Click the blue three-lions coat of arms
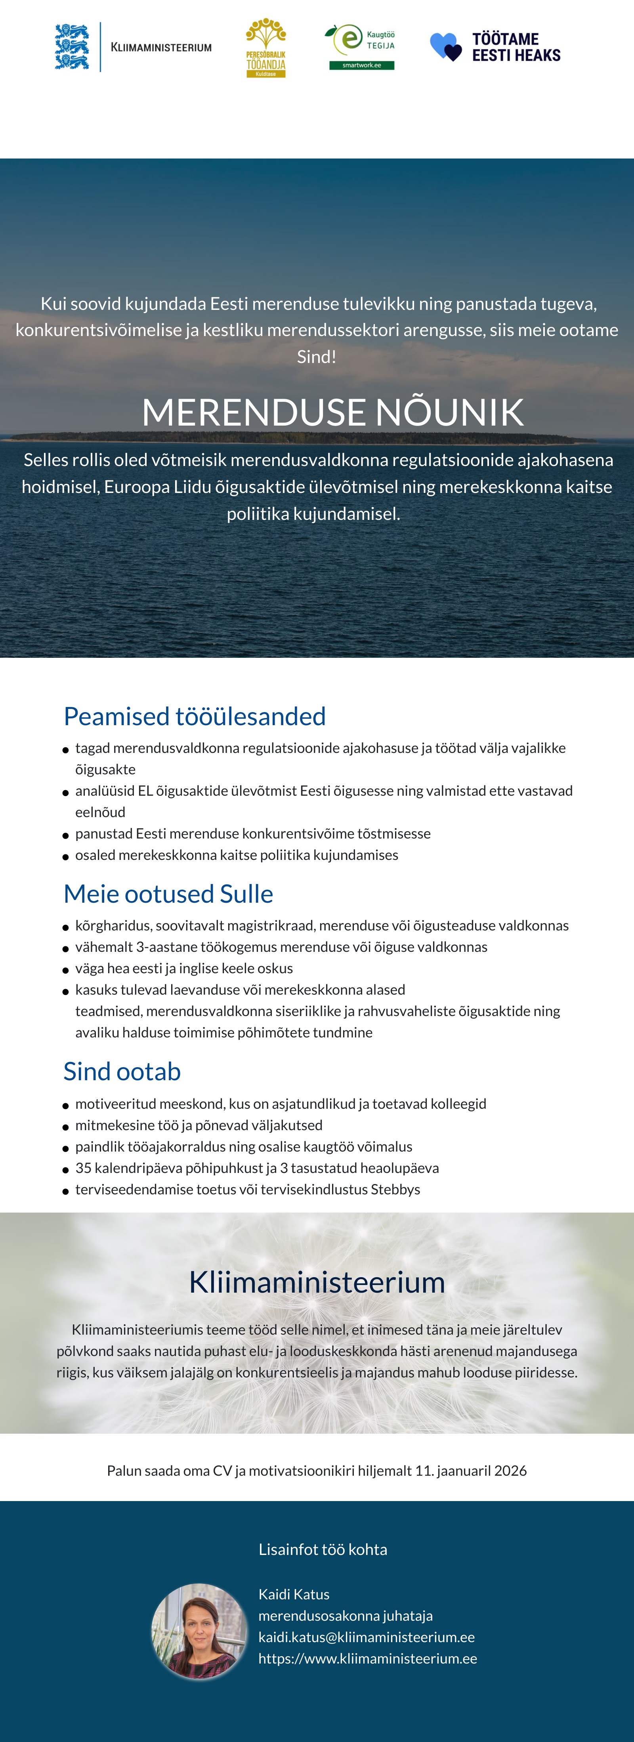(x=72, y=47)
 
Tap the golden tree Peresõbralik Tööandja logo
(x=265, y=47)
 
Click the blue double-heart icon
(x=445, y=47)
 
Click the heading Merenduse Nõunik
(x=332, y=412)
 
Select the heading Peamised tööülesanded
(x=195, y=716)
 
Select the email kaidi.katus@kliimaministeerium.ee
(x=367, y=1637)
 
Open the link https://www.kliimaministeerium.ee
(x=368, y=1658)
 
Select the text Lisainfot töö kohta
(x=323, y=1549)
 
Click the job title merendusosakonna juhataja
(x=346, y=1616)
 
